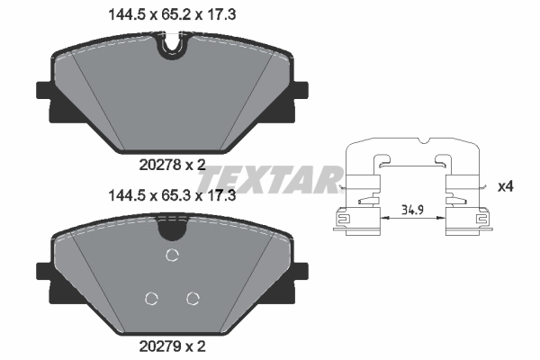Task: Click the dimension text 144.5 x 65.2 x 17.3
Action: click(171, 13)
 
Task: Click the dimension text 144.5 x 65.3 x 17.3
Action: click(171, 194)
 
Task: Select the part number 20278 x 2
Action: click(171, 165)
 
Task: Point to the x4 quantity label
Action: click(506, 185)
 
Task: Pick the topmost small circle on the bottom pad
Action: click(171, 256)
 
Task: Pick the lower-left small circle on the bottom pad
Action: click(151, 298)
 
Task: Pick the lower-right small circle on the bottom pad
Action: click(191, 298)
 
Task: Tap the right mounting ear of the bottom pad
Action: click(297, 271)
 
